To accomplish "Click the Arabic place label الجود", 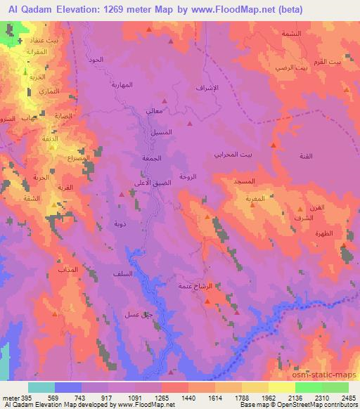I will coord(96,60).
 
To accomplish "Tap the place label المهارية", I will coord(122,85).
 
